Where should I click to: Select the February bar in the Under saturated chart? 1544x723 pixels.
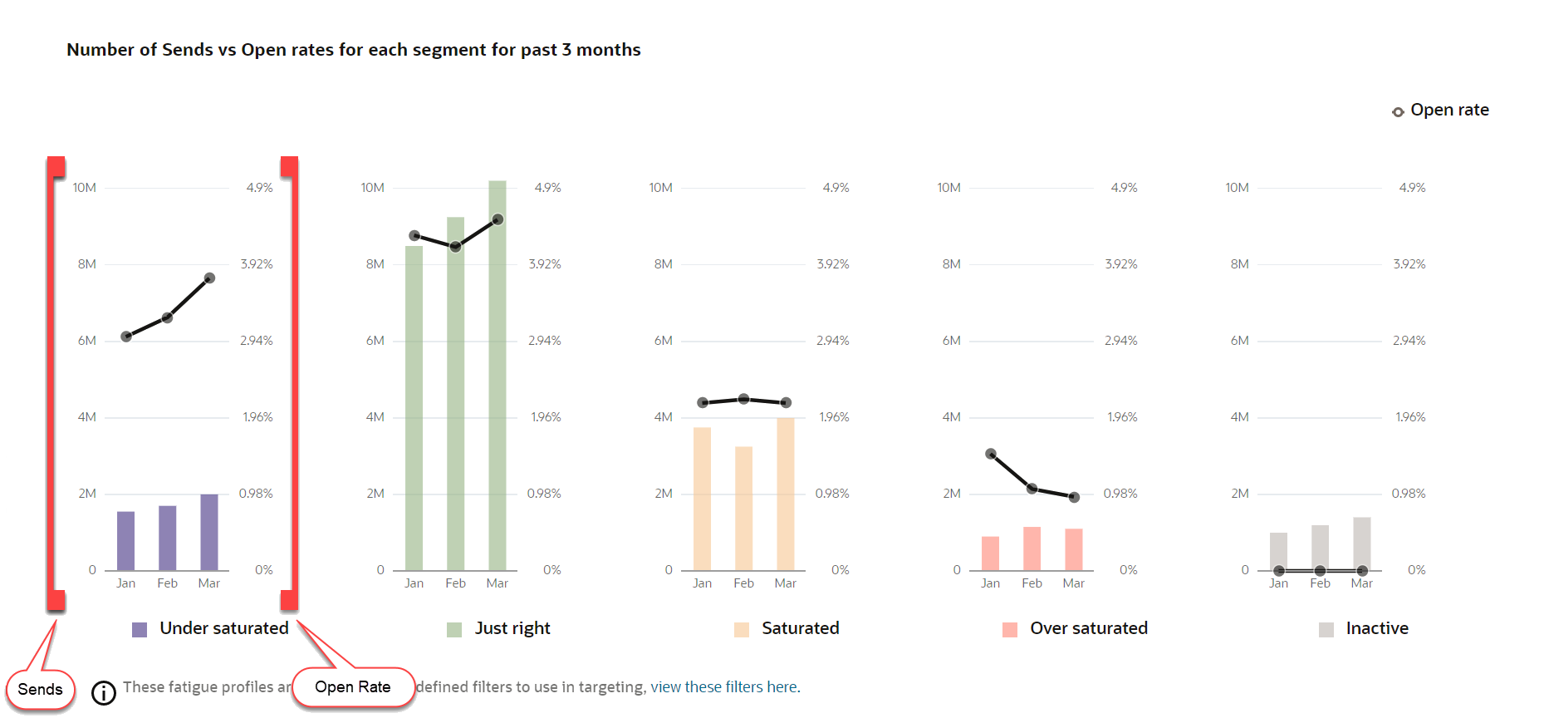point(167,538)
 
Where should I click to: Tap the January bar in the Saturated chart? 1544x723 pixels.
point(702,499)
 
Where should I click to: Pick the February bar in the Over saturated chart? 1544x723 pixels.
point(1032,548)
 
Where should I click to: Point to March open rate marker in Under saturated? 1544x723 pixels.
point(209,278)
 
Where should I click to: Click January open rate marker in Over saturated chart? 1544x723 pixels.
point(991,454)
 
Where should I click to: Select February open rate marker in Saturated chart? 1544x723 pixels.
point(743,399)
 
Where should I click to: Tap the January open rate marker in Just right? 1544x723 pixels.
point(414,236)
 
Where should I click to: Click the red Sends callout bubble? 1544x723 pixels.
point(40,690)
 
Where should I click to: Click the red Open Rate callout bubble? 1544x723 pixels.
point(353,687)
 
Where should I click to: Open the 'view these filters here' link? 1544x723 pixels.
point(724,687)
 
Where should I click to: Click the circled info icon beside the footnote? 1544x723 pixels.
point(104,692)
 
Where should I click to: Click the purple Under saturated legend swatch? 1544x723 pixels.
point(140,629)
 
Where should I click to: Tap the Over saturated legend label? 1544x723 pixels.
point(1088,628)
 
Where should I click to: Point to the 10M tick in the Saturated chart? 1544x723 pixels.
point(660,188)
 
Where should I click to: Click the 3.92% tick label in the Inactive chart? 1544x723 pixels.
point(1409,264)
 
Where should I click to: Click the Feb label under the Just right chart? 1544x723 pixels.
point(455,583)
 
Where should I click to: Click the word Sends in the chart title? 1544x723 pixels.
point(187,50)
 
